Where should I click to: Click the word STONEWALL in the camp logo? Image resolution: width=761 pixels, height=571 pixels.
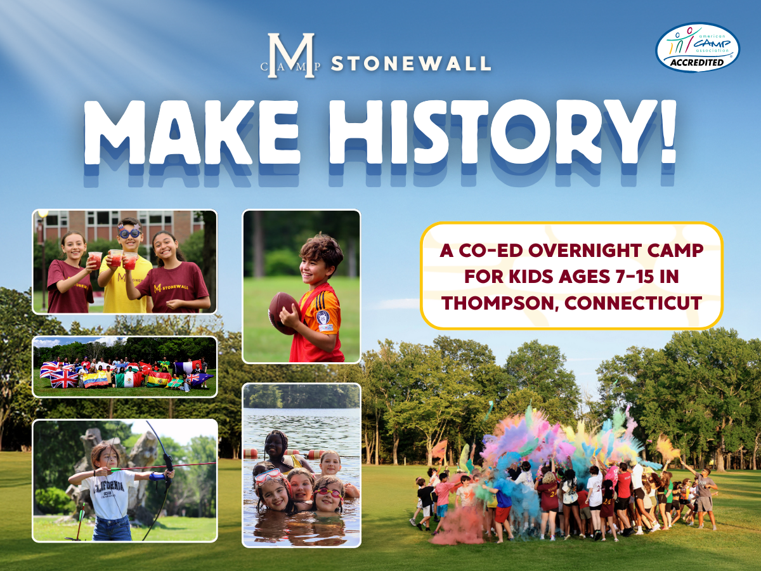tap(411, 63)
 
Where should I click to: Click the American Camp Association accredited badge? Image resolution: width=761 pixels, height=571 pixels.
tap(697, 48)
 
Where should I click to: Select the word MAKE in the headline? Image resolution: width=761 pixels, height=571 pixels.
tap(192, 133)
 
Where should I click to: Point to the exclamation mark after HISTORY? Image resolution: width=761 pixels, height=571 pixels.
tap(665, 132)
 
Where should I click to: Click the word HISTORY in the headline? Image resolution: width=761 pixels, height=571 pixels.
tap(488, 133)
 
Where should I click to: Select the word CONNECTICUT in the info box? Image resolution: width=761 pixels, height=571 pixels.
tap(633, 303)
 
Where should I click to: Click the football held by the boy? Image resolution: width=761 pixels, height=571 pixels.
tap(284, 313)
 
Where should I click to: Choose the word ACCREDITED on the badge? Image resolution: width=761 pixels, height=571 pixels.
tap(697, 62)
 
